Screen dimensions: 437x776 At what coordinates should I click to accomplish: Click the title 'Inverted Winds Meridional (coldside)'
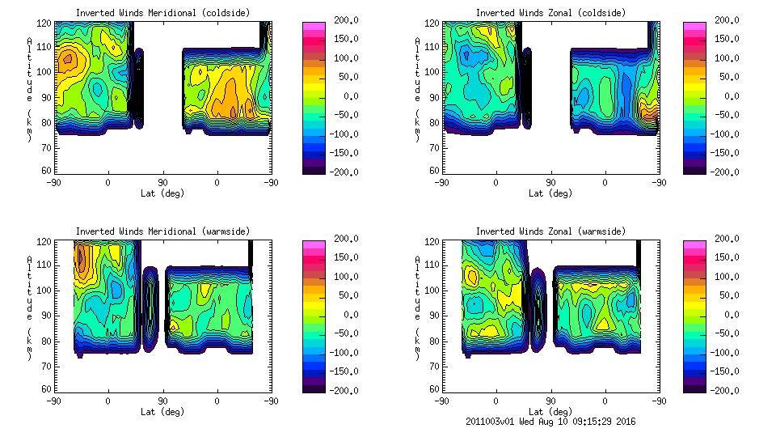pyautogui.click(x=162, y=13)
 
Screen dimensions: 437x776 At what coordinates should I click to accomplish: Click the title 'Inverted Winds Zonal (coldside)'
pyautogui.click(x=550, y=13)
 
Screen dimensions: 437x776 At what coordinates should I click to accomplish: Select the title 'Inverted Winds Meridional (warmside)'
pyautogui.click(x=162, y=231)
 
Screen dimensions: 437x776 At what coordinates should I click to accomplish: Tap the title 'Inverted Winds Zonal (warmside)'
pyautogui.click(x=550, y=231)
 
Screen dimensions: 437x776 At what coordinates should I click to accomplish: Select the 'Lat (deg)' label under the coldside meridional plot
pyautogui.click(x=162, y=193)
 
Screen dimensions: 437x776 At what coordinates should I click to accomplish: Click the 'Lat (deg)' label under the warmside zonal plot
pyautogui.click(x=550, y=412)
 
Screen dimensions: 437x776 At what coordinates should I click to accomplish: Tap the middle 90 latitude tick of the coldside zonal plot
pyautogui.click(x=550, y=183)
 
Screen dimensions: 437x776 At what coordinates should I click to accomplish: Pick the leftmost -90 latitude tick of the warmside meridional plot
pyautogui.click(x=53, y=401)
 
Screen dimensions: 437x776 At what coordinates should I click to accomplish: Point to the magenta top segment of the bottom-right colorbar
pyautogui.click(x=694, y=244)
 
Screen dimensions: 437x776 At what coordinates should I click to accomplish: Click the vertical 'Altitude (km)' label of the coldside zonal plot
pyautogui.click(x=417, y=89)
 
